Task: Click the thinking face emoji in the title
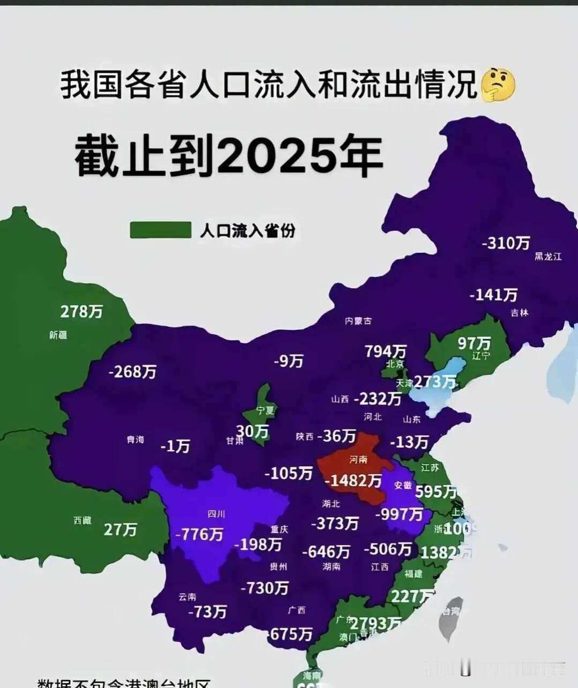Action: [x=498, y=85]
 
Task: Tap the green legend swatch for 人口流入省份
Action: [x=161, y=230]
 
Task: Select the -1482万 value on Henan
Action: [x=353, y=480]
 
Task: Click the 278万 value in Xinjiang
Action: [x=81, y=311]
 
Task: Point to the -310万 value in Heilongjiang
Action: [x=506, y=243]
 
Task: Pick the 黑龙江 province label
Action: [x=547, y=256]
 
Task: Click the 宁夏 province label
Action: [x=265, y=411]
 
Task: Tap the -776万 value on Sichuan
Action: [x=199, y=534]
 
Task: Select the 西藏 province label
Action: [x=82, y=520]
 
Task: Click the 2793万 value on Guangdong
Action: [x=376, y=623]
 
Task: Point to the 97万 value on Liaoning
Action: [x=474, y=343]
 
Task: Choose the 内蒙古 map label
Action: [x=358, y=321]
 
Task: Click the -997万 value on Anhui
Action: [x=399, y=514]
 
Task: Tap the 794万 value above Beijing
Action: [x=386, y=351]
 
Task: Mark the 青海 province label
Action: [x=135, y=440]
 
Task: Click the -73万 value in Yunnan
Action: [x=207, y=611]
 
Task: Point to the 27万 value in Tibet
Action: [x=120, y=530]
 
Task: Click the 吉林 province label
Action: [x=519, y=313]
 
